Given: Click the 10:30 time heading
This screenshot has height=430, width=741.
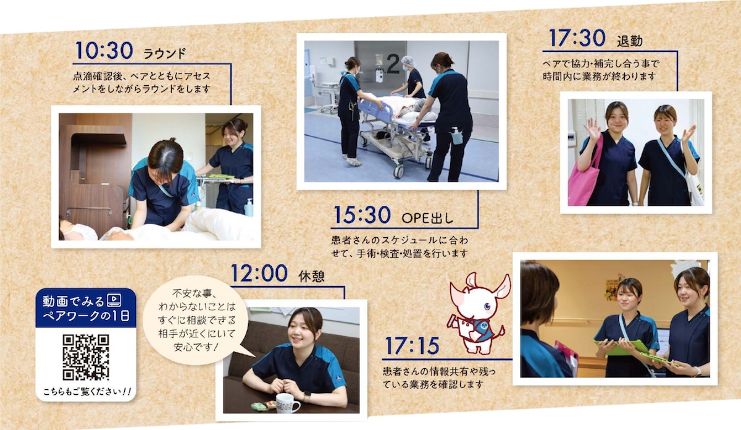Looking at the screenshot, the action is (x=104, y=51).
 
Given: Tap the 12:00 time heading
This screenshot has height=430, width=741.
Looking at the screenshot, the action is (x=259, y=274).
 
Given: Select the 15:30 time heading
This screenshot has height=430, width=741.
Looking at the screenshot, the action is (x=362, y=215).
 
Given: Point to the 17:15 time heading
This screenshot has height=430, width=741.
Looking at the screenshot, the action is (x=412, y=346).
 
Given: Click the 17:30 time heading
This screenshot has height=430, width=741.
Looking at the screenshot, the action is (x=577, y=38).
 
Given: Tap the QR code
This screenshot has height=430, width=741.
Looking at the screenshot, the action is (x=86, y=357).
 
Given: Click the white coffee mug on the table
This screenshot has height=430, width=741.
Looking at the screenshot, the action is (x=287, y=403).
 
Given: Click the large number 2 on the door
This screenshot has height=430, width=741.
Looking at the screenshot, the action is (x=393, y=64).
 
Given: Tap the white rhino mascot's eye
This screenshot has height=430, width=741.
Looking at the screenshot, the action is (x=487, y=307).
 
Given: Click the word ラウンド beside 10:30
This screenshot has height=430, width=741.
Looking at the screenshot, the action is (x=165, y=54).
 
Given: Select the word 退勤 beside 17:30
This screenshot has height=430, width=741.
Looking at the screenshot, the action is (x=629, y=41).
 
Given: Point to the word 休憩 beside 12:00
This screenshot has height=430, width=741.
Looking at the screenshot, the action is (x=311, y=276).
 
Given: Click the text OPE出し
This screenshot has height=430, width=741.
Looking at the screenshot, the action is (x=427, y=218).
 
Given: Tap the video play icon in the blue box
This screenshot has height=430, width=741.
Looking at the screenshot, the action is (x=114, y=300).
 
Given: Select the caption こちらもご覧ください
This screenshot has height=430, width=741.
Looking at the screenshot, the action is (x=87, y=392).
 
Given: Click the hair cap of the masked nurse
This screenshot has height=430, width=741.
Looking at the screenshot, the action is (x=408, y=61).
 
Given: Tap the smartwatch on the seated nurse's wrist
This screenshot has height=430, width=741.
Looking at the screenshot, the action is (x=307, y=395).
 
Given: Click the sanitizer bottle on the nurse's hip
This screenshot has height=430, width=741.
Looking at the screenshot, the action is (x=456, y=137).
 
